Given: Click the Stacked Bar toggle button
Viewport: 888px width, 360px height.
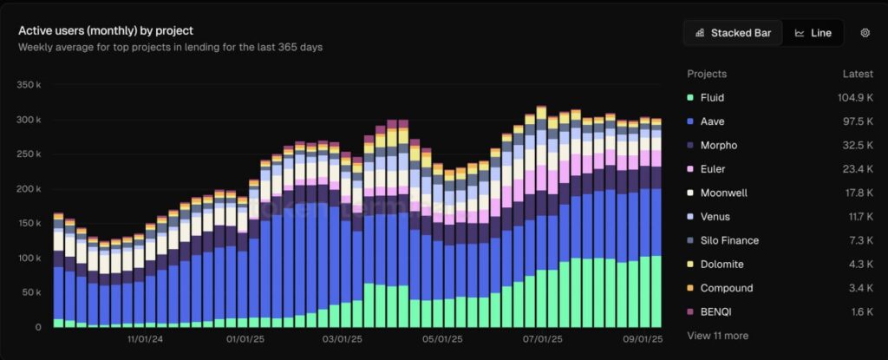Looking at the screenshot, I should coord(733,33).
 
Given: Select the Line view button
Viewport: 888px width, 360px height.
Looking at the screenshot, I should coord(813,33).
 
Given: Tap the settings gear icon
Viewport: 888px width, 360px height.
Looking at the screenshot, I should coord(865,33).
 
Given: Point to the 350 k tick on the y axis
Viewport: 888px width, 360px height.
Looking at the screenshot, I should coord(29,85).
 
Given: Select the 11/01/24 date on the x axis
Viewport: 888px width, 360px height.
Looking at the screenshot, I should coord(145,341).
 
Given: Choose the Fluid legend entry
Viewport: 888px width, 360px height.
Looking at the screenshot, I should coord(712,98).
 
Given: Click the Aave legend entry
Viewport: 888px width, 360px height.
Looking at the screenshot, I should coord(712,121).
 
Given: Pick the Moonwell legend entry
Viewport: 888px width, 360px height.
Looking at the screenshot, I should coord(722,193).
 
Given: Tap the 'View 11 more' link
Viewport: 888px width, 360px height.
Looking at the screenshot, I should coord(717,335).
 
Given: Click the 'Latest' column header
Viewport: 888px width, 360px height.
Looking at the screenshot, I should coord(857,74).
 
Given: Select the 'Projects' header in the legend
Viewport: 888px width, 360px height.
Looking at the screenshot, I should coord(707,74).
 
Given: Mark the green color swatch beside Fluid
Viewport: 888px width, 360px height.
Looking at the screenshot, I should coord(690,98).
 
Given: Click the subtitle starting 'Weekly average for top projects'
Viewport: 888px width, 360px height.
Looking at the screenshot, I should coord(170,47).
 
